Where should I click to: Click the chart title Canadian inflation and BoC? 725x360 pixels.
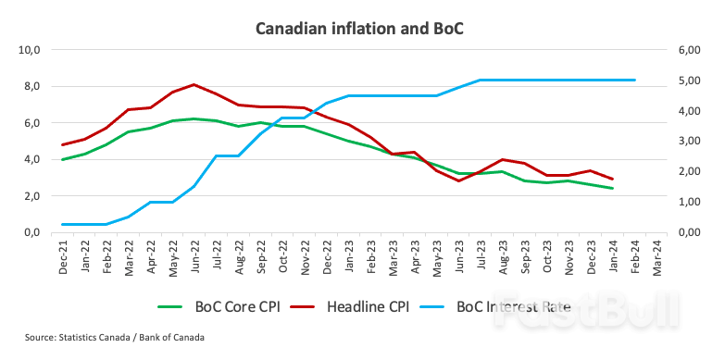359,28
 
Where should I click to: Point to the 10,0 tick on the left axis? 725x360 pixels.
31,50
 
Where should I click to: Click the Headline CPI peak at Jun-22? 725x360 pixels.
194,84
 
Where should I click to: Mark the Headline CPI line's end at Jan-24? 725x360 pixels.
612,180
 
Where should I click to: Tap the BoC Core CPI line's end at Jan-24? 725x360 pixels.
612,189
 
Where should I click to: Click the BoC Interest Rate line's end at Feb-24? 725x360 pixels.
634,81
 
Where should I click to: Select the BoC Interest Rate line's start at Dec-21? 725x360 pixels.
62,224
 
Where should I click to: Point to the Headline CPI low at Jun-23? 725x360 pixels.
458,180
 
